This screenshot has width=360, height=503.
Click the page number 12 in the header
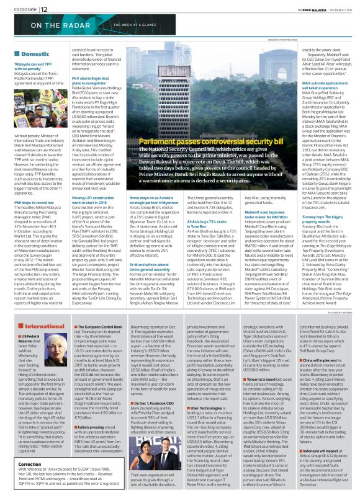44,8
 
